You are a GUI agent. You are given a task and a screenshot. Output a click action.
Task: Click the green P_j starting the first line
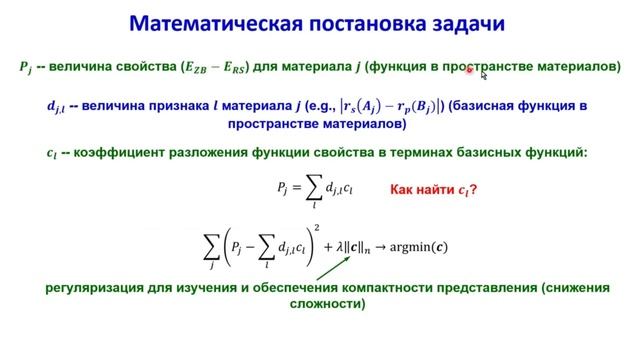[25, 68]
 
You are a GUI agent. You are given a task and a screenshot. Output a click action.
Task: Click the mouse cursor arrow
[484, 73]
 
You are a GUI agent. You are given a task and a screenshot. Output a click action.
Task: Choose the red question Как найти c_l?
[432, 187]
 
